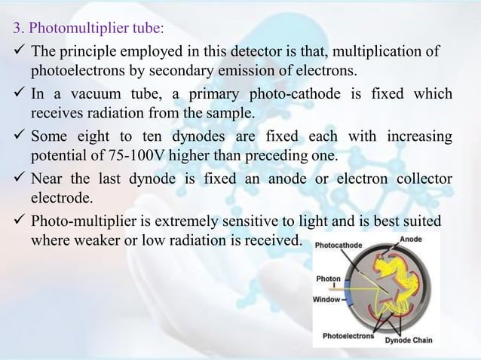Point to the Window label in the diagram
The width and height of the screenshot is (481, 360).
pos(327,300)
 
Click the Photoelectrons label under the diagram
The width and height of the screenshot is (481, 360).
pos(348,336)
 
